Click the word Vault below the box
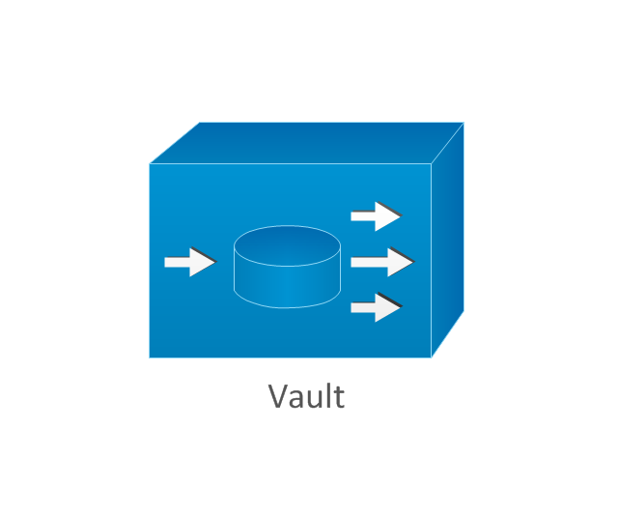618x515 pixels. tap(306, 396)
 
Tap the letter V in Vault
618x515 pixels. tap(278, 396)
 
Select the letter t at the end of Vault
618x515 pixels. tap(338, 397)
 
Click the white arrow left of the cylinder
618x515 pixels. tap(189, 262)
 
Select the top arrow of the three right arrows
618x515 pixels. tap(376, 215)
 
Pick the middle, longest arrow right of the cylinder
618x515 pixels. tap(381, 262)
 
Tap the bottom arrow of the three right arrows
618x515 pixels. tap(376, 308)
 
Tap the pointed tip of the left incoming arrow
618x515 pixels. tap(215, 262)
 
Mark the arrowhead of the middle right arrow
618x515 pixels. tap(403, 262)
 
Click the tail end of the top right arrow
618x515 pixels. tap(353, 215)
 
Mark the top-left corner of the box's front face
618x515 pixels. tap(150, 163)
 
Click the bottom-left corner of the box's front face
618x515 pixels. tap(150, 358)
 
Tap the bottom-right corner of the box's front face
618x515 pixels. tap(431, 358)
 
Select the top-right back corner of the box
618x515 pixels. tap(463, 123)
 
